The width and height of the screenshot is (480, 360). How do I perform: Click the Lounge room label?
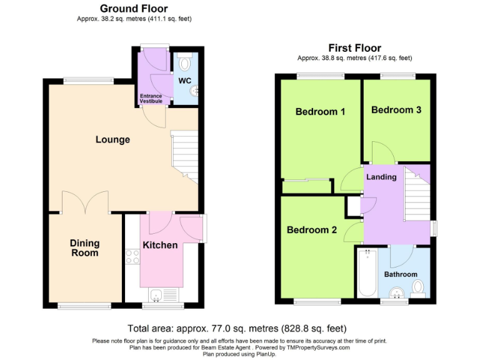(x=112, y=139)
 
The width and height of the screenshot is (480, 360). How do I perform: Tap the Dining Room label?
(x=84, y=248)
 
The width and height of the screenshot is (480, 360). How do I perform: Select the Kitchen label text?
(x=161, y=245)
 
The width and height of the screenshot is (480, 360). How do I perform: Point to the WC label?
(x=184, y=81)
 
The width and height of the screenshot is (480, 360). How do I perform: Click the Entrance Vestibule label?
(x=150, y=98)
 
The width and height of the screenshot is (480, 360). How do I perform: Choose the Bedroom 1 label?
(x=321, y=112)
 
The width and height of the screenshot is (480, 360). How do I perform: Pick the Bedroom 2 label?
(x=312, y=230)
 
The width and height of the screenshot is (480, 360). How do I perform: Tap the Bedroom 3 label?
(x=396, y=110)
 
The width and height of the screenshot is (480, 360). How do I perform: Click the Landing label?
(x=381, y=177)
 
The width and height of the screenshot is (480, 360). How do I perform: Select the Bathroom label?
(x=401, y=274)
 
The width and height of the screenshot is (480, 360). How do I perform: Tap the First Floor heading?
(x=354, y=48)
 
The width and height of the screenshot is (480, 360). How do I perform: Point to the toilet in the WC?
(x=184, y=63)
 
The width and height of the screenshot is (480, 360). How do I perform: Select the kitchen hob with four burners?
(x=132, y=256)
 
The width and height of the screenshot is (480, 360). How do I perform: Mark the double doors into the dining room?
(x=86, y=202)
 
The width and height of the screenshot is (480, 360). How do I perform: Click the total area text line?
(x=237, y=328)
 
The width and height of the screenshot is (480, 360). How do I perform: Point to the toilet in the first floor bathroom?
(x=418, y=287)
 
